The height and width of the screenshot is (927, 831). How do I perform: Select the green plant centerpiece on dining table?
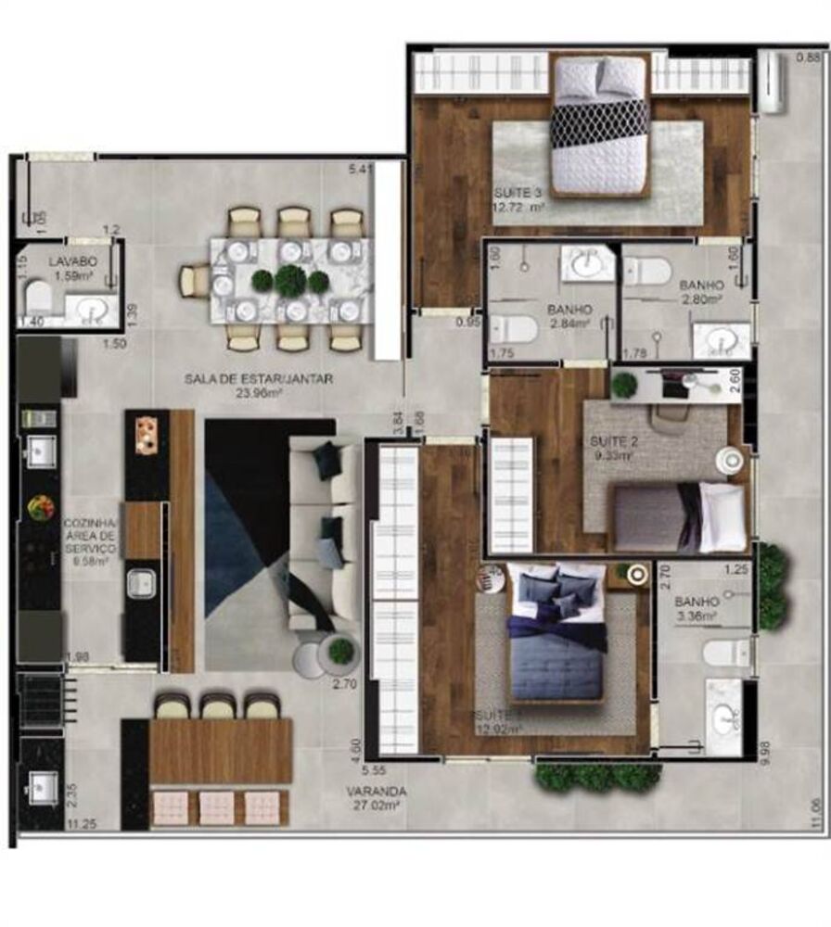click(291, 281)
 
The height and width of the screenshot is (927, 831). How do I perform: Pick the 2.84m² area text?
click(570, 324)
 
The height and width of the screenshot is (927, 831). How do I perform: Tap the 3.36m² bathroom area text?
click(696, 615)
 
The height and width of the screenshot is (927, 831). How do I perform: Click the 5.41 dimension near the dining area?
click(359, 169)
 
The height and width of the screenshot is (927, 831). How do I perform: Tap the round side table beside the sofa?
click(340, 651)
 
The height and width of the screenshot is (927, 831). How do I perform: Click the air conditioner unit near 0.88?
click(772, 82)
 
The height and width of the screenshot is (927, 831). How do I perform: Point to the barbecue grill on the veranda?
click(39, 700)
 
